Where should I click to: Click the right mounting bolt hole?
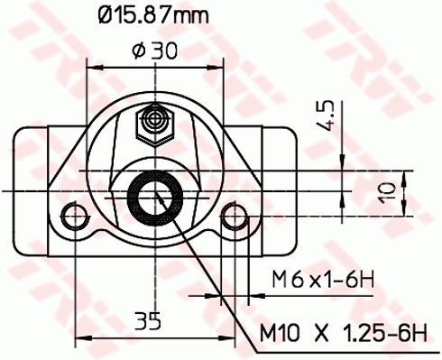236,216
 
